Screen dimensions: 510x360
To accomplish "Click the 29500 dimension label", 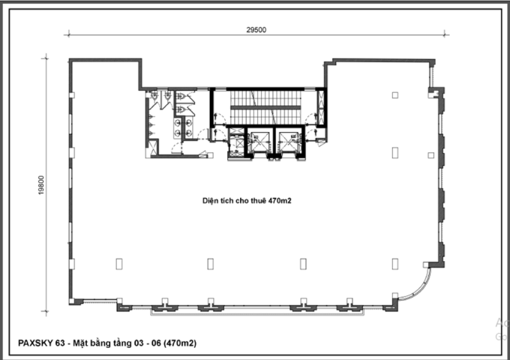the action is click(x=256, y=30).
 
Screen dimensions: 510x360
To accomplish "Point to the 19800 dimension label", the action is click(x=41, y=185).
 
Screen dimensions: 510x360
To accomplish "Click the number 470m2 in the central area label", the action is click(x=280, y=201).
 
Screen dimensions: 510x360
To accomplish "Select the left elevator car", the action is click(x=259, y=142).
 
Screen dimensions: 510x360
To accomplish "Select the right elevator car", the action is click(x=289, y=142).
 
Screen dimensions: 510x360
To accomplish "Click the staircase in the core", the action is click(x=265, y=107).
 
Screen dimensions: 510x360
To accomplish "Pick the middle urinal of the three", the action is click(x=151, y=124).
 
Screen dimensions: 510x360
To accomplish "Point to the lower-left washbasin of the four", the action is click(x=178, y=132).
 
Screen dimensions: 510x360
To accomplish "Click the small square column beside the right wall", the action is click(x=431, y=155).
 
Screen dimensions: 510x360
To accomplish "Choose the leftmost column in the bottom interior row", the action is click(x=119, y=264).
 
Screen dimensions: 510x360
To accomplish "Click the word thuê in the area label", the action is click(x=259, y=201).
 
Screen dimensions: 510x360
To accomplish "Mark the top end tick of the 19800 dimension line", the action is click(x=46, y=58).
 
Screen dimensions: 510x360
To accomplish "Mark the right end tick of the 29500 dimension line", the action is click(x=445, y=34).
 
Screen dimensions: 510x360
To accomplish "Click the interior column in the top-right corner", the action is click(x=395, y=95).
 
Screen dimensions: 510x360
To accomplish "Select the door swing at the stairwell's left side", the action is click(x=220, y=118).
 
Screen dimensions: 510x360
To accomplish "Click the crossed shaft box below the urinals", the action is click(x=152, y=147).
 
